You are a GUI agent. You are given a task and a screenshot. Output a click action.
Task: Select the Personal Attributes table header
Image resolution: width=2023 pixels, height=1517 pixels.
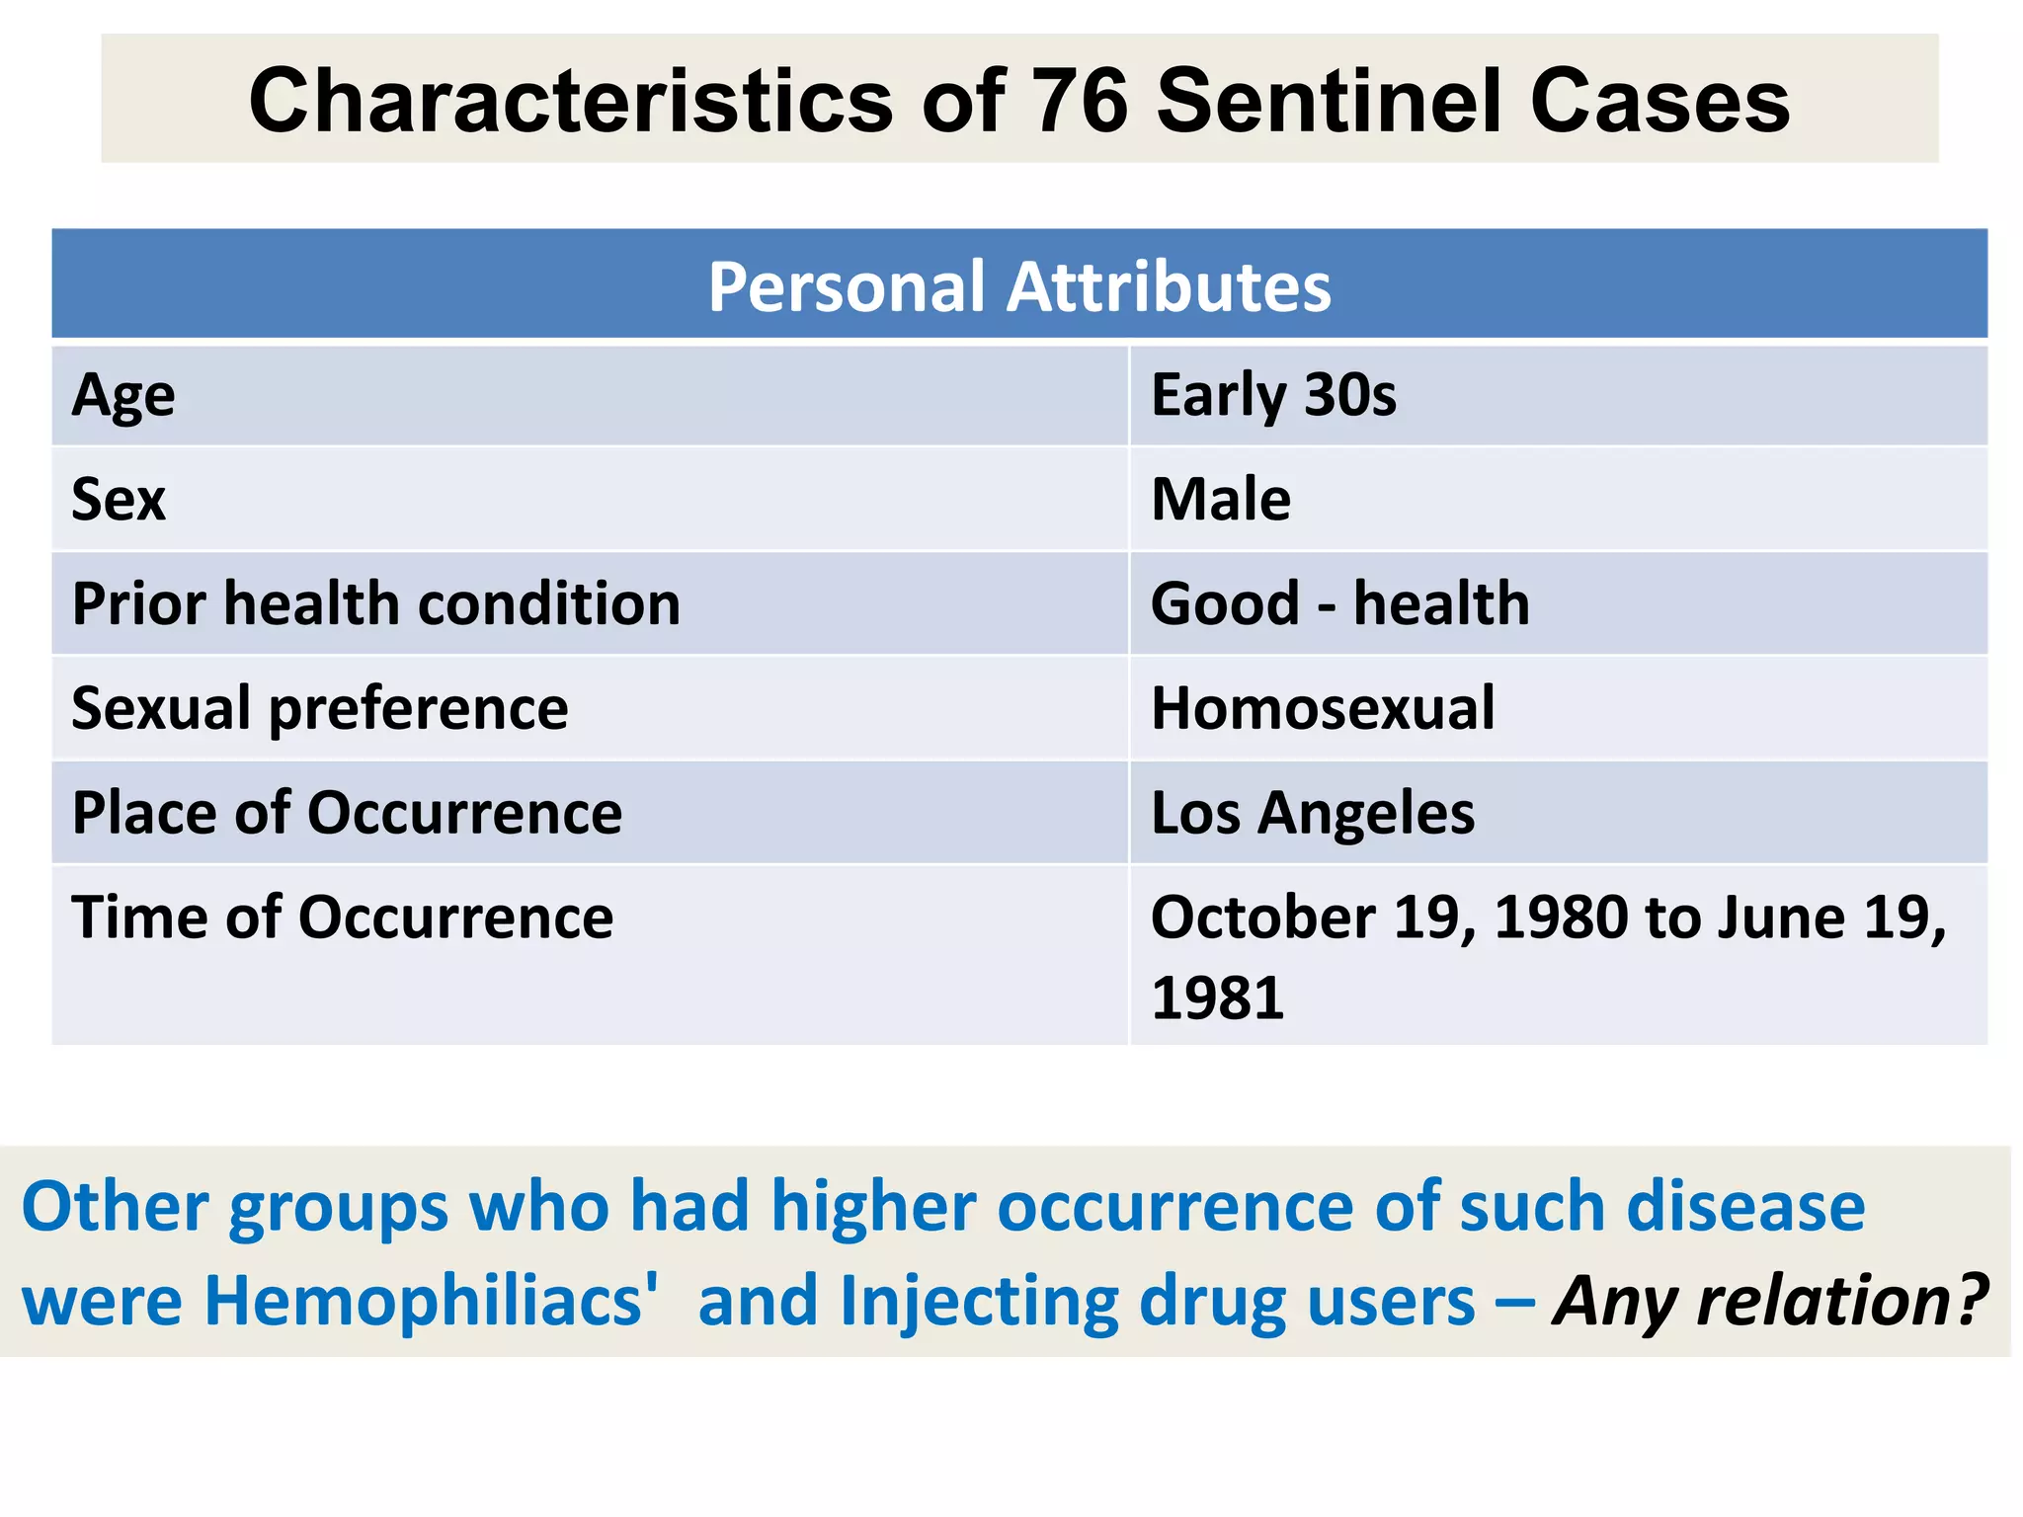(x=1018, y=286)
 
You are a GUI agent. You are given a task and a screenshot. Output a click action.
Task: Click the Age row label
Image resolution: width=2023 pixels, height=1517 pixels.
(x=123, y=395)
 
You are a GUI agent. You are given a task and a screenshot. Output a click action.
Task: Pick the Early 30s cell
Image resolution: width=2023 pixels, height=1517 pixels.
(x=1273, y=395)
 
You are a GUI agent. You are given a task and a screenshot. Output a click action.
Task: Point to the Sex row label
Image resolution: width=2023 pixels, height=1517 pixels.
(x=119, y=499)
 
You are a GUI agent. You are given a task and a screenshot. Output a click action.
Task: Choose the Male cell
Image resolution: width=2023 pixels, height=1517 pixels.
(x=1221, y=499)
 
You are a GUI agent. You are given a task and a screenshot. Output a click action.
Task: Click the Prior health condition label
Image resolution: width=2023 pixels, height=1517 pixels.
(x=376, y=603)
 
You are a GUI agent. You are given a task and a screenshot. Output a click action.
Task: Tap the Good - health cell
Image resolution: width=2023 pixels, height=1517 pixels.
(x=1339, y=603)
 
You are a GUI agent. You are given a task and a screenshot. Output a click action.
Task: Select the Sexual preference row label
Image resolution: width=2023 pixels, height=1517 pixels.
(x=320, y=708)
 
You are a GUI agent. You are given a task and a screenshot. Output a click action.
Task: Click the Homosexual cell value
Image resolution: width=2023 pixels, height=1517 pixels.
(x=1323, y=708)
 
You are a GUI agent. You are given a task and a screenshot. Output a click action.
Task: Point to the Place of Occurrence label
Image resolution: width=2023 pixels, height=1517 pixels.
(x=347, y=813)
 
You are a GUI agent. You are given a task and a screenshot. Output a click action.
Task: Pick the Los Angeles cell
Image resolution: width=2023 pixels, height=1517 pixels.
(x=1313, y=813)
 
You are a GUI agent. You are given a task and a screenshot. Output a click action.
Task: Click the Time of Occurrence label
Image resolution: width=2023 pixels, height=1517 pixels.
(x=342, y=918)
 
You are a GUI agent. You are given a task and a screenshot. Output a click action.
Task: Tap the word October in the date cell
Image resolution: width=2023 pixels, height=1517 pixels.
(x=1262, y=918)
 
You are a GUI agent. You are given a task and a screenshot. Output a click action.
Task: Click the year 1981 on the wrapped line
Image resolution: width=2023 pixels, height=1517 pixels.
(x=1217, y=998)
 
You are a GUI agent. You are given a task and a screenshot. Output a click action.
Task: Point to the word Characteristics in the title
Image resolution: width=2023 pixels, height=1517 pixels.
(x=571, y=101)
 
